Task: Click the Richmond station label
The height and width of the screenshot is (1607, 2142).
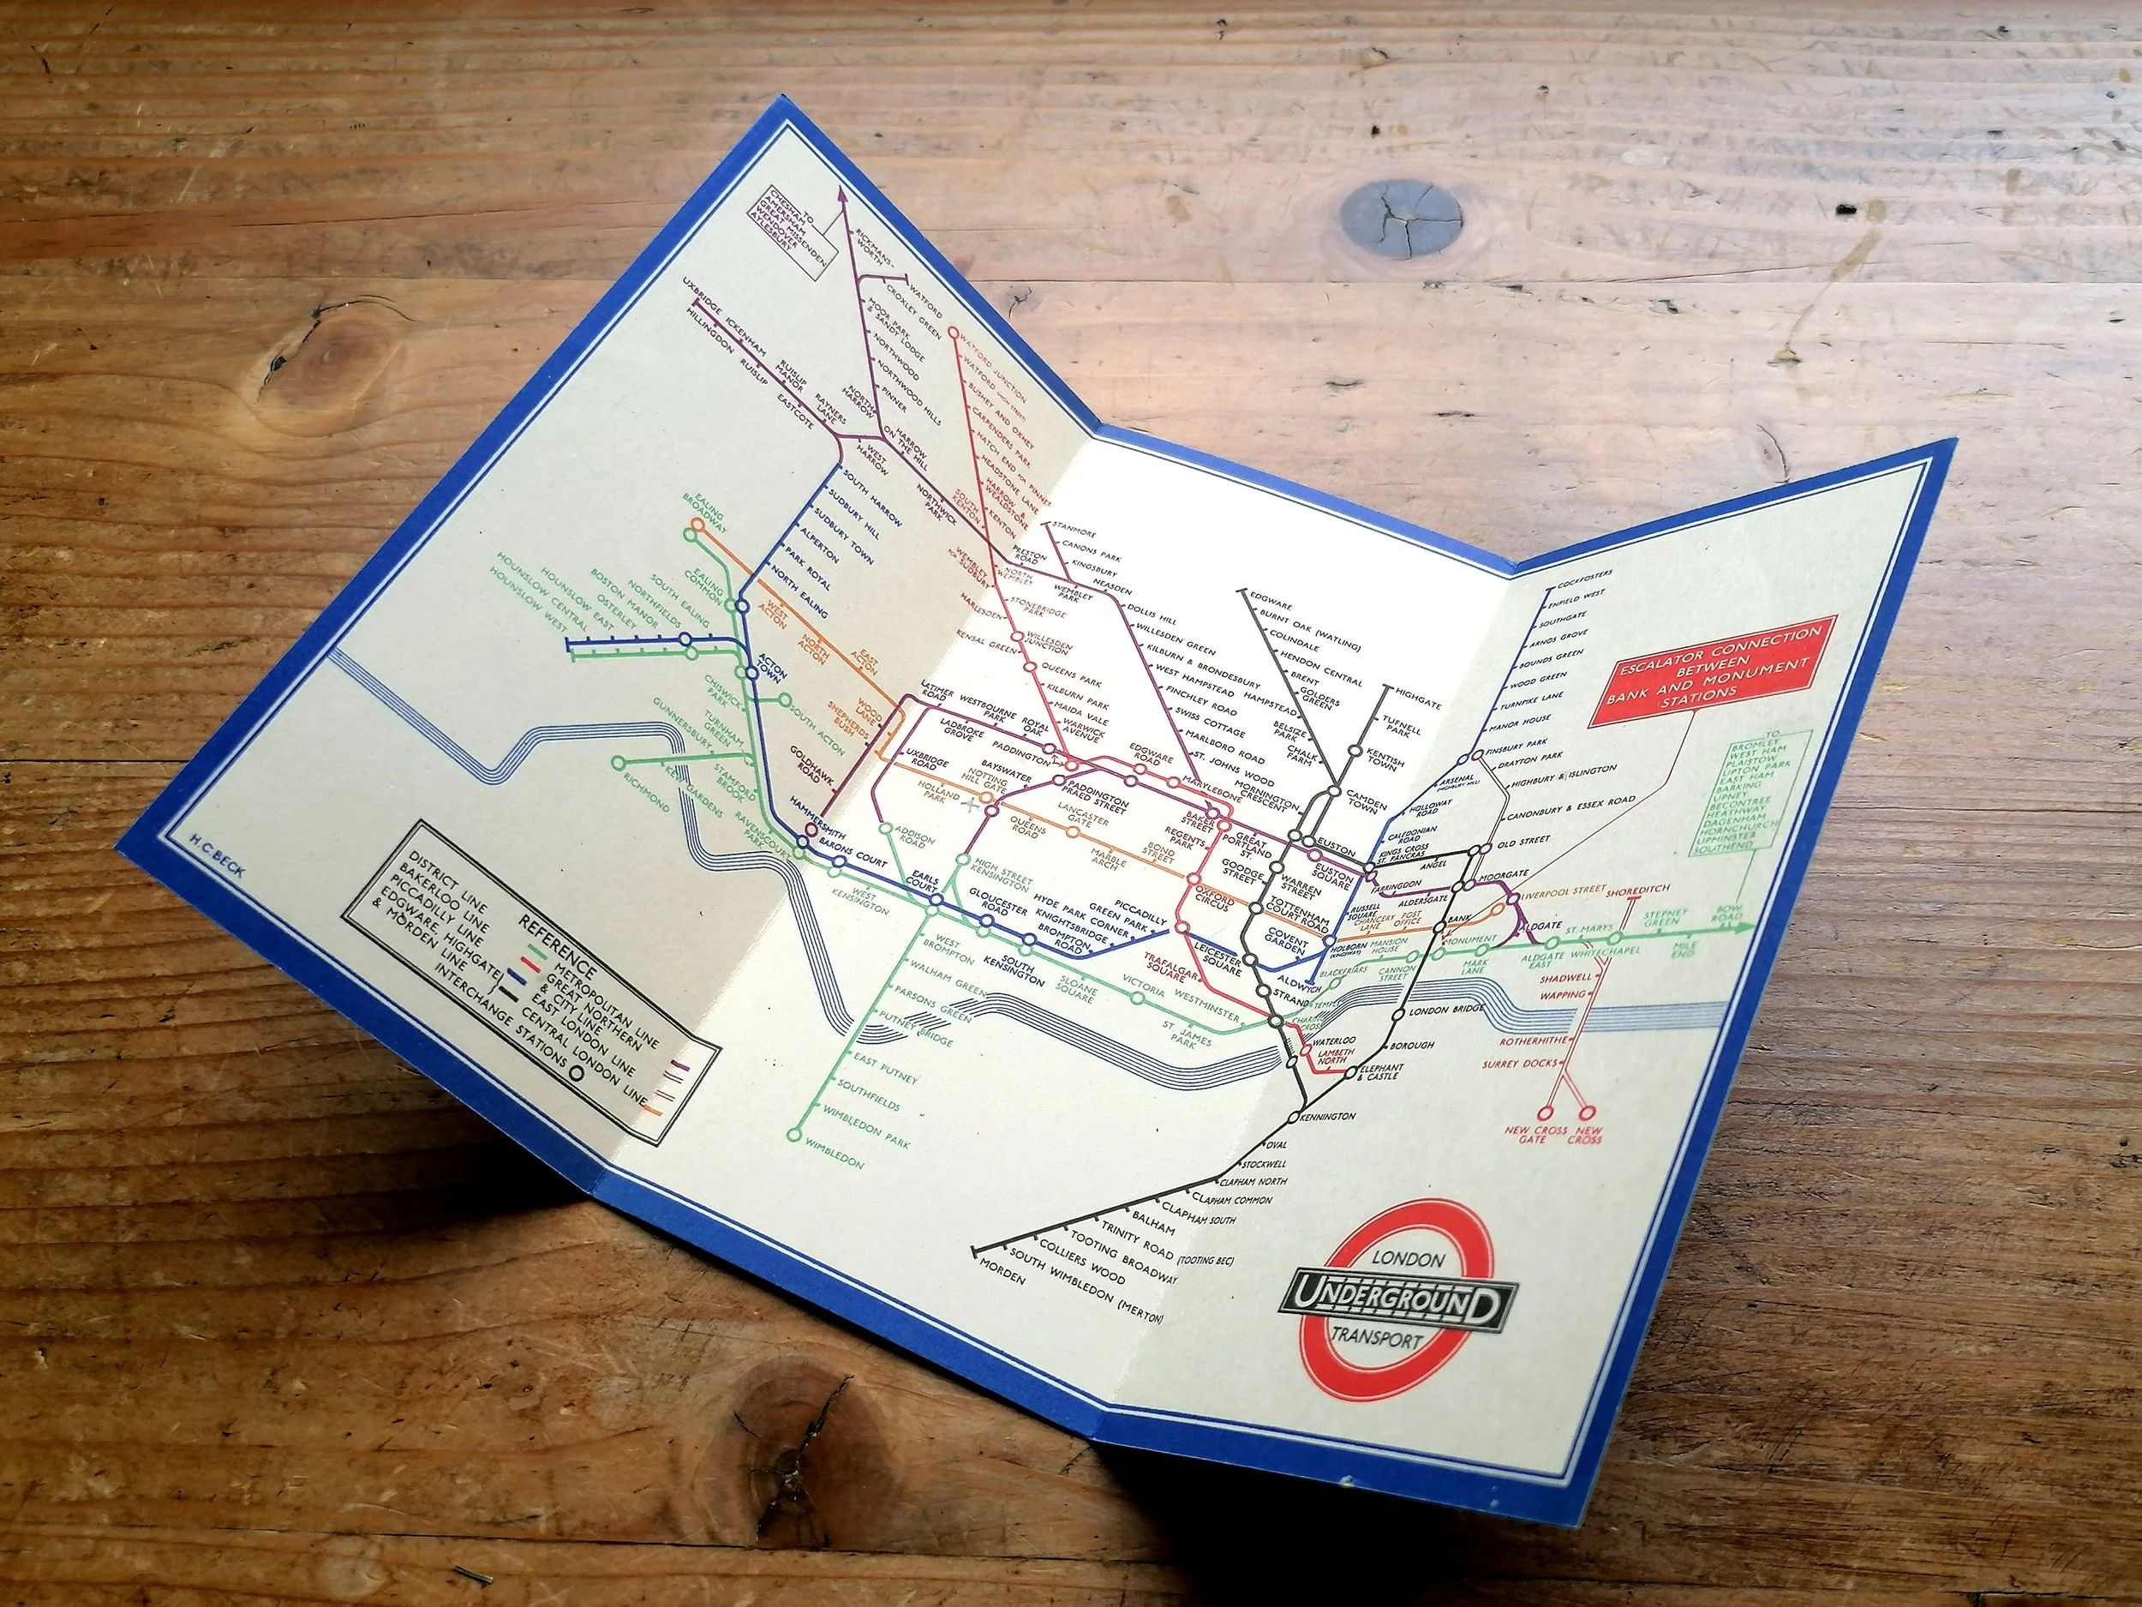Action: tap(646, 791)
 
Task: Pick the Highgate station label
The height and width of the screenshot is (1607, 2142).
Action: tap(1419, 699)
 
